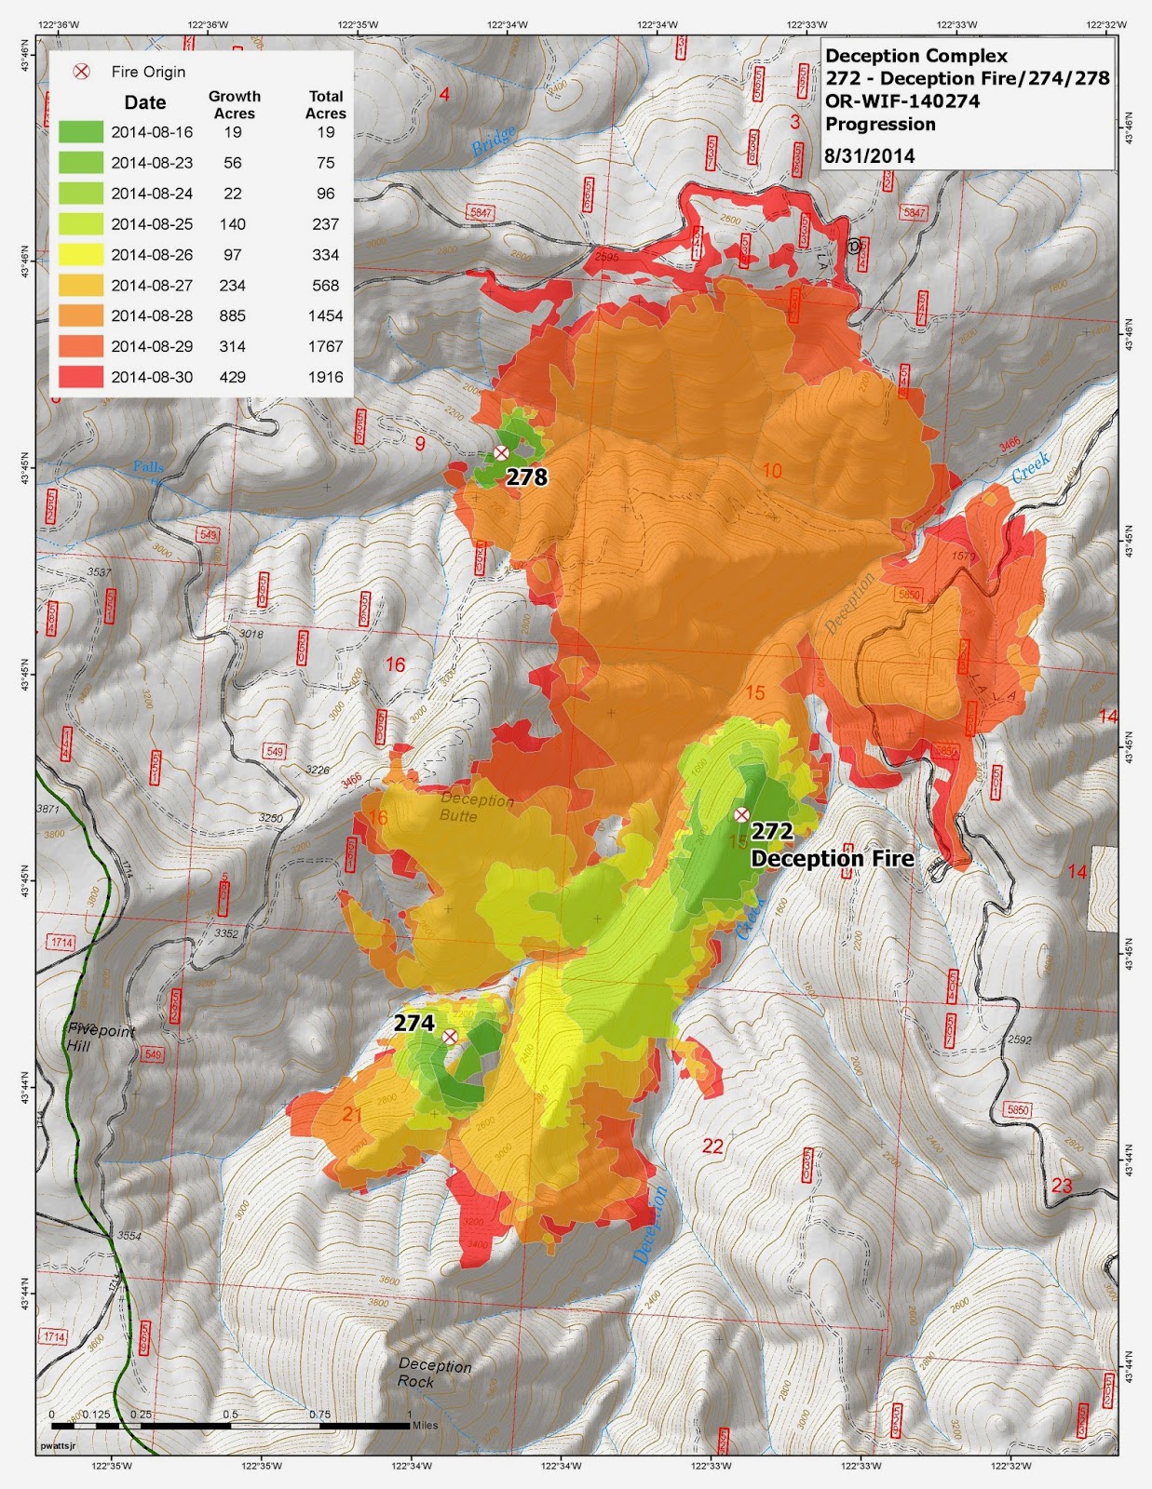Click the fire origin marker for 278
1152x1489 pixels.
(501, 453)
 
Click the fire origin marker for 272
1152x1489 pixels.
(741, 814)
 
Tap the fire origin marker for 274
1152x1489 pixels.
(450, 1037)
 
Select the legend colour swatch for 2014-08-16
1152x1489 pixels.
(81, 132)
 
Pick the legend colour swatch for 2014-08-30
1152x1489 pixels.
(81, 377)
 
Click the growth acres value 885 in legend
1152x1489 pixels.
(233, 315)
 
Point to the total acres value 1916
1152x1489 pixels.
(326, 377)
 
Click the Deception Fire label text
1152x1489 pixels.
(832, 859)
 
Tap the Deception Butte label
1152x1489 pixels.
(476, 808)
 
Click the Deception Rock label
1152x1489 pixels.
(434, 1373)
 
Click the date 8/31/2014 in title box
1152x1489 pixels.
(870, 156)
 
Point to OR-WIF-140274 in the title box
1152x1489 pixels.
(901, 101)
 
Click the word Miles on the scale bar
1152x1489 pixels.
(424, 1424)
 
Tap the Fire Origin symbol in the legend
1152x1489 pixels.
(82, 72)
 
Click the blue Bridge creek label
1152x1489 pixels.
(493, 141)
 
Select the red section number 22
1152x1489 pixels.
(712, 1147)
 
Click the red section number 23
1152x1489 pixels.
(1062, 1186)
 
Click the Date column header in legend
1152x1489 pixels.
(145, 103)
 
